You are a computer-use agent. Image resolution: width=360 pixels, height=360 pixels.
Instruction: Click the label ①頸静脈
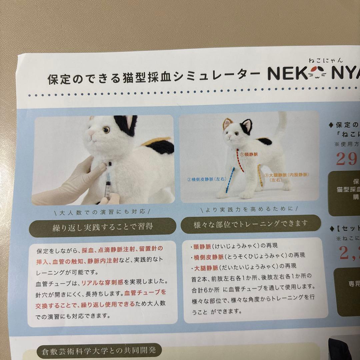pos(249,154)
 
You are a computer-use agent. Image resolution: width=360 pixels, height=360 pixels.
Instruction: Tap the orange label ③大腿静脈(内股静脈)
pos(287,175)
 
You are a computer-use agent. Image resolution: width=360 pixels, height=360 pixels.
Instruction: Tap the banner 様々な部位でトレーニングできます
pos(251,224)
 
